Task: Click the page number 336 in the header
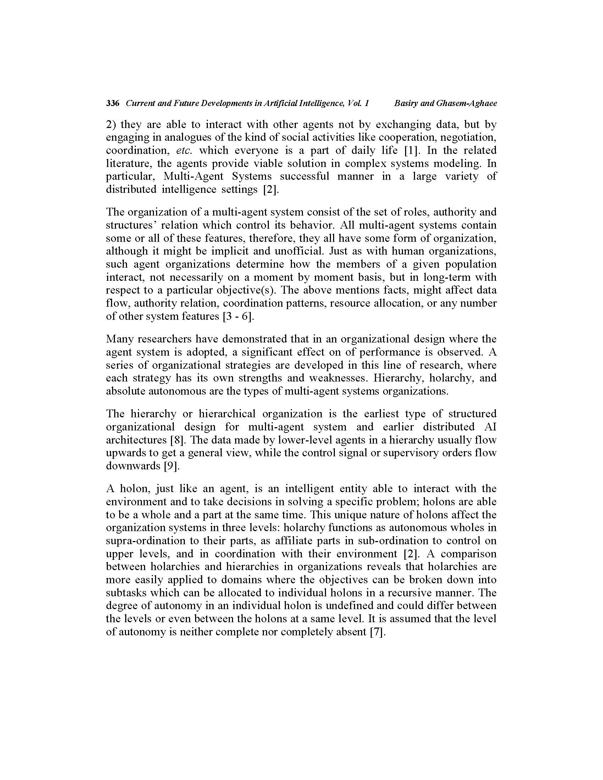112,104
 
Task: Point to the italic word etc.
185,150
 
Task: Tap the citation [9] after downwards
171,466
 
